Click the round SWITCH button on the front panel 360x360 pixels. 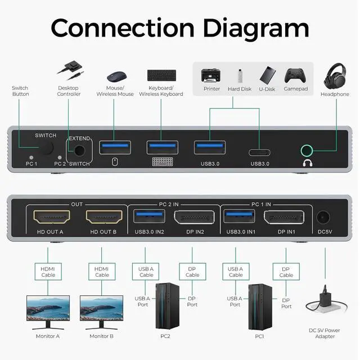point(47,147)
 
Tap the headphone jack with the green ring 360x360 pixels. point(307,151)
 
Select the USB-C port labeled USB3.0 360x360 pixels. point(259,152)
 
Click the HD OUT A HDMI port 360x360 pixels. point(52,217)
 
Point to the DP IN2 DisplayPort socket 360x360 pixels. point(194,217)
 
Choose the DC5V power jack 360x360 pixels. point(323,217)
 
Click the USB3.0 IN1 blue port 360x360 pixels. point(239,216)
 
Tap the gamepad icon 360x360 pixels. point(295,75)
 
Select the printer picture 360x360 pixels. point(211,75)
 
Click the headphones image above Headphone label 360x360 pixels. point(335,76)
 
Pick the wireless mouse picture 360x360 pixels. point(116,76)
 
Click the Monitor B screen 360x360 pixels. point(101,308)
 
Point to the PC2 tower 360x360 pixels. point(168,306)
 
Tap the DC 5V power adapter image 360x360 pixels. point(326,301)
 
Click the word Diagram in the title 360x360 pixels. point(256,28)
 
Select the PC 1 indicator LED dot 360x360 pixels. point(31,157)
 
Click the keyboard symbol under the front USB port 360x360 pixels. point(163,161)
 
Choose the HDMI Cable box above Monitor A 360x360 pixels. point(48,272)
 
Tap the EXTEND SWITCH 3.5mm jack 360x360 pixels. point(79,151)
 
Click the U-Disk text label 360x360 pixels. point(267,89)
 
